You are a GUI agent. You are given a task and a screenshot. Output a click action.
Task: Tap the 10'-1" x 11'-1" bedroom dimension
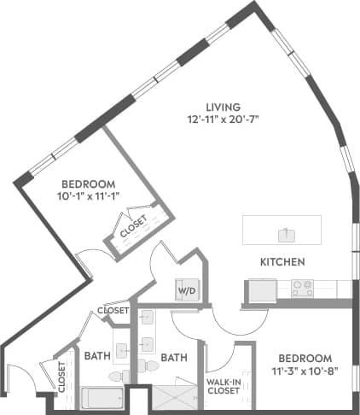click(88, 196)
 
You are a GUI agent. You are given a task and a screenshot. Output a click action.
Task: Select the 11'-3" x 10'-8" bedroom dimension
click(304, 371)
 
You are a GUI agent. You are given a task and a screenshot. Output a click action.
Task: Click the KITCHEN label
click(283, 261)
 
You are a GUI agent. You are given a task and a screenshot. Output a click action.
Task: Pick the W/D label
click(186, 289)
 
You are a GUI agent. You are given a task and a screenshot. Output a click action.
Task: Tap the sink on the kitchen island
click(282, 231)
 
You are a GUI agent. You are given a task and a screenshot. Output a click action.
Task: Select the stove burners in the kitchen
click(304, 289)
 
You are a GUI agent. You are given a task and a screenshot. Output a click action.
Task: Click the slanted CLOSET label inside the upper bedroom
click(134, 226)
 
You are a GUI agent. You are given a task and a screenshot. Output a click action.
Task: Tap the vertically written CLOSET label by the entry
click(62, 376)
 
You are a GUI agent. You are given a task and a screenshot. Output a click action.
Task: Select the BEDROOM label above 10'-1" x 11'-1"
click(88, 184)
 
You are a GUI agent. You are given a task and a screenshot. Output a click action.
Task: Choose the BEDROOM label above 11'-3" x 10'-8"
click(304, 357)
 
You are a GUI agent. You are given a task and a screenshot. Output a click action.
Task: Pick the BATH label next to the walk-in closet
click(174, 357)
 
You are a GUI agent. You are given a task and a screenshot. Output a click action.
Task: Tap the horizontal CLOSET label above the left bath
click(113, 310)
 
